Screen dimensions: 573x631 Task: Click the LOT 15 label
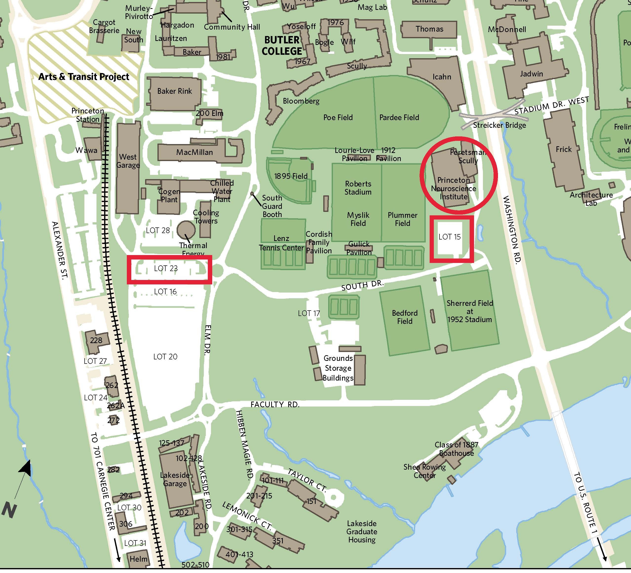[x=449, y=237]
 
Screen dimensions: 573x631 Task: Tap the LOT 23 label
[x=166, y=268]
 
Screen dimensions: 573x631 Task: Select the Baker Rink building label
[x=174, y=91]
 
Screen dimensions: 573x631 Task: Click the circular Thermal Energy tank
[x=186, y=230]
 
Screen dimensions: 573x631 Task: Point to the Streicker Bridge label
[x=499, y=125]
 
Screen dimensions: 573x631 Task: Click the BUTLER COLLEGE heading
[x=282, y=46]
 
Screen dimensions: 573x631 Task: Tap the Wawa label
[x=86, y=150]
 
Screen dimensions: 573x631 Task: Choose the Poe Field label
[x=338, y=117]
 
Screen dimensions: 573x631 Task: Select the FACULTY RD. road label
[x=275, y=405]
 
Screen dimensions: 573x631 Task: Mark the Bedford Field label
[x=404, y=317]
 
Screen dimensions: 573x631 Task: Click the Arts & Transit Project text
[x=84, y=77]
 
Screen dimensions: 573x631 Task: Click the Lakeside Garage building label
[x=175, y=479]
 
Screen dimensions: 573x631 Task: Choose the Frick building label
[x=563, y=149]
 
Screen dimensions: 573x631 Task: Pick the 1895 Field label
[x=291, y=176]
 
